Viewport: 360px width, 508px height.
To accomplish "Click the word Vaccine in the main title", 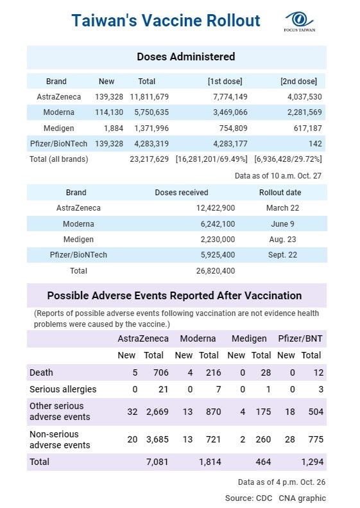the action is coord(171,21).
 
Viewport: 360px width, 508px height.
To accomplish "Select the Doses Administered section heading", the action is coord(186,57).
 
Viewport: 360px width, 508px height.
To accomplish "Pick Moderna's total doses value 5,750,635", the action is coord(151,112).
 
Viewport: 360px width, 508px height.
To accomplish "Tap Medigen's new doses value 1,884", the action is coord(114,128).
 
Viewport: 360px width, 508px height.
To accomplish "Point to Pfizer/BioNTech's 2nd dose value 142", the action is coord(315,144).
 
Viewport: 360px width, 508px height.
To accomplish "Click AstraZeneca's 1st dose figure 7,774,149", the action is coord(230,97).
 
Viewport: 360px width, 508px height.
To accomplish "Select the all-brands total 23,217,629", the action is coord(150,159).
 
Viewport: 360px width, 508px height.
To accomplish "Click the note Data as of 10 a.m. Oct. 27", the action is coord(278,176).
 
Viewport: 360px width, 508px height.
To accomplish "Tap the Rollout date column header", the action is coord(280,193).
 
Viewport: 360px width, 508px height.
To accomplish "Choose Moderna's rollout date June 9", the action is coord(282,224).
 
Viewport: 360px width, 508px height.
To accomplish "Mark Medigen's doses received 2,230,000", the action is coord(218,240).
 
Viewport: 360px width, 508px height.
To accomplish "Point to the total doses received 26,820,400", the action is coord(216,271).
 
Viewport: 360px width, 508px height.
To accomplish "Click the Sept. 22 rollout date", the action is coord(282,255).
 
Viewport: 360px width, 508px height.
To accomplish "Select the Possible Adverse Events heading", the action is coord(175,295).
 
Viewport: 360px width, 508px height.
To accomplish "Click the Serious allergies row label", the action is coord(63,389).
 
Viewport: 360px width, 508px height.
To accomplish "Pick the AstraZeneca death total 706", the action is coord(161,372).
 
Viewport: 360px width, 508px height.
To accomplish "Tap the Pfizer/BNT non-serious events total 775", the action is coord(316,439).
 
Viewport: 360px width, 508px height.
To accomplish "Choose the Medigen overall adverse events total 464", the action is coord(263,462).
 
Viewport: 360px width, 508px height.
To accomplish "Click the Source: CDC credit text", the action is coord(248,498).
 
